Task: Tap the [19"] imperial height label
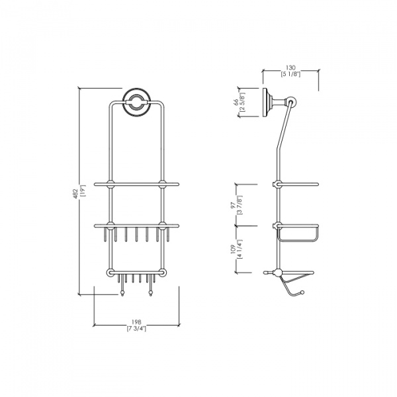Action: (83, 191)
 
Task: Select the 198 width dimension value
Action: (136, 322)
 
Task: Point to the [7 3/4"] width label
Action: (136, 329)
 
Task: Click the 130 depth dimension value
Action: (290, 67)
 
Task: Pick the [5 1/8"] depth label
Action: (290, 74)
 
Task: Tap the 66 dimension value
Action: (236, 103)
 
